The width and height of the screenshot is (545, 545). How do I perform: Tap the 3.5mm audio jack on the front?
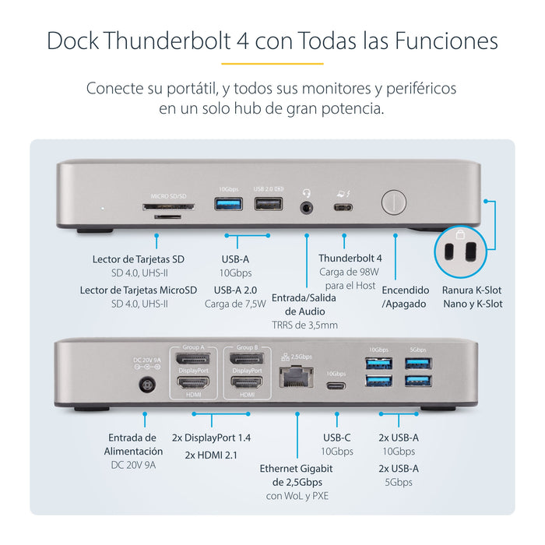coord(308,207)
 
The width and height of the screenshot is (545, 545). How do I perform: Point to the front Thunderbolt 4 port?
coord(343,207)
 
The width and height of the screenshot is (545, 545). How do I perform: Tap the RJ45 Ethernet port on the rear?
coord(297,377)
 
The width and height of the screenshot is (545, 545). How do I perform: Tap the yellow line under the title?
coord(272,63)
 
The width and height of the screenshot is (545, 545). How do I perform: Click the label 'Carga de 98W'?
coord(344,272)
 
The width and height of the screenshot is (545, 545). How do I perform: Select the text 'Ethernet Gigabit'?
coord(297,468)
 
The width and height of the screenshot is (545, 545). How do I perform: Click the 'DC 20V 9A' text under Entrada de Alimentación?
coord(133,465)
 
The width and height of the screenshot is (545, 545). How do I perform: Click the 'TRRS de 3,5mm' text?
coord(304,325)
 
